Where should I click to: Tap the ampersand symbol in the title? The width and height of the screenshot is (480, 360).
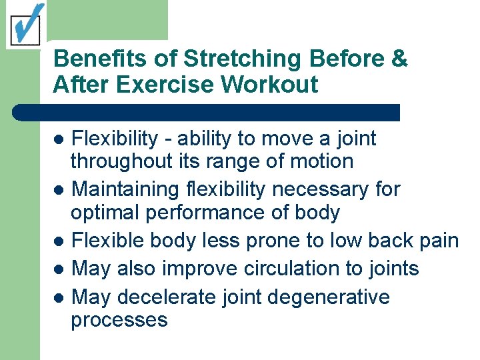click(399, 59)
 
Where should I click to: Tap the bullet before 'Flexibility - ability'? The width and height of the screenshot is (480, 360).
click(59, 139)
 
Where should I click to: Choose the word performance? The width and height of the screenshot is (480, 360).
click(193, 213)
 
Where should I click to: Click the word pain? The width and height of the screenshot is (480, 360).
click(437, 241)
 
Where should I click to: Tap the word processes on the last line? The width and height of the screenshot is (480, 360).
click(119, 320)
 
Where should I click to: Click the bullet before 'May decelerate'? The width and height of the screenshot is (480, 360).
click(59, 297)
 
